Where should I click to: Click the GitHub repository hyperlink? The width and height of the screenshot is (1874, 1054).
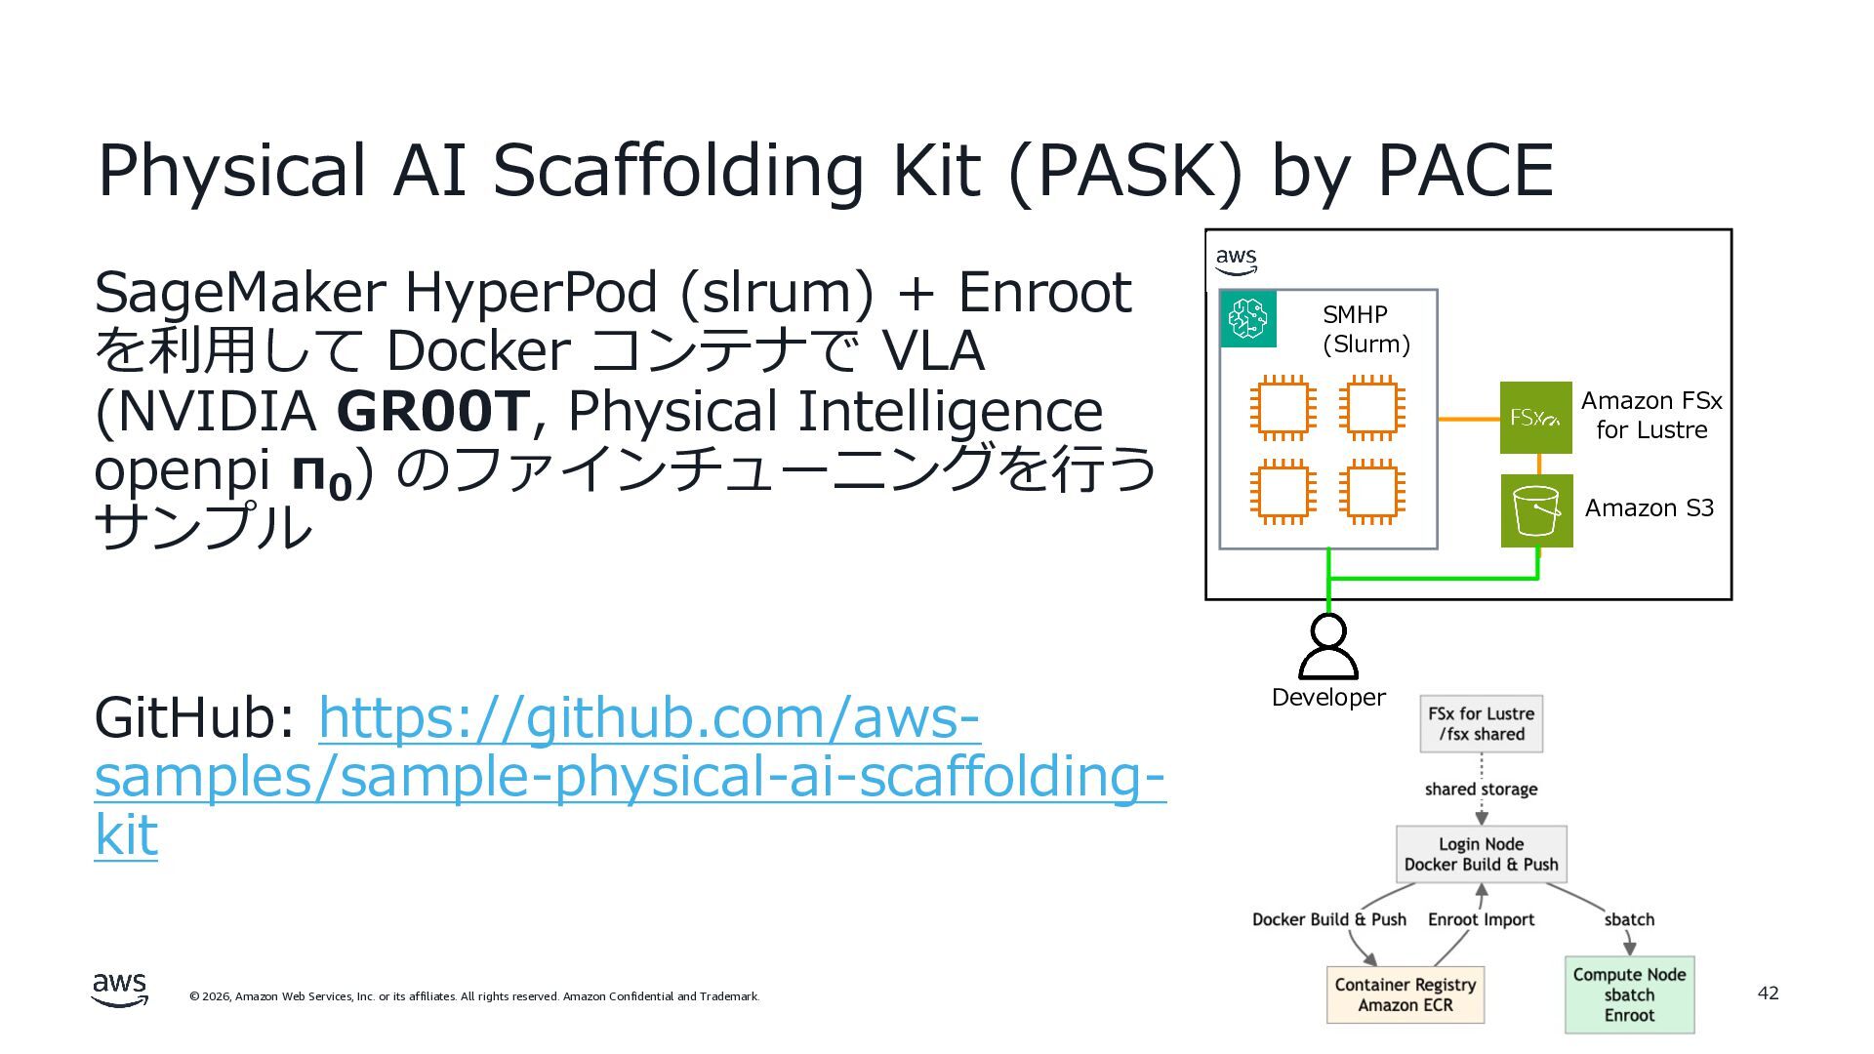pos(630,776)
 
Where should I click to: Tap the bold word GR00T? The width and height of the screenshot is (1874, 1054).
pos(432,411)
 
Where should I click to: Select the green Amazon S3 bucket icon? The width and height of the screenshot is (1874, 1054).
pos(1536,510)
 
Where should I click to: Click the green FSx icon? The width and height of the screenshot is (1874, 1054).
pos(1535,418)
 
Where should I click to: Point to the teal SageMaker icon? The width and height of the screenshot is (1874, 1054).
pos(1248,318)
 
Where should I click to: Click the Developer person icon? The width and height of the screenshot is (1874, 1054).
pos(1327,646)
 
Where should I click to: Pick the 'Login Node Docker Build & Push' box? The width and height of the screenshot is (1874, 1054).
pos(1481,854)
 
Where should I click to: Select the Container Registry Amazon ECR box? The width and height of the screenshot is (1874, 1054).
pos(1405,994)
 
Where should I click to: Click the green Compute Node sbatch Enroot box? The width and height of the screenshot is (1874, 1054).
pos(1629,994)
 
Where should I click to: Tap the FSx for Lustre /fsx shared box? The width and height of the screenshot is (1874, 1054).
pos(1481,724)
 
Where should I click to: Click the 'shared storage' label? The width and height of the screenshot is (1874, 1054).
pos(1481,789)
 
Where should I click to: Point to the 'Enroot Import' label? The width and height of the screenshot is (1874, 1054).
pos(1481,919)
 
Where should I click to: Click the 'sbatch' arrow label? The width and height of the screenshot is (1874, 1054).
pos(1629,919)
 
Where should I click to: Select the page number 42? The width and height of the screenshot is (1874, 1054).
pos(1768,993)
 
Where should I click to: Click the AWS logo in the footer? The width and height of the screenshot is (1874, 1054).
pos(120,989)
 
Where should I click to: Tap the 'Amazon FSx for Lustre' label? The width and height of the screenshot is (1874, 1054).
pos(1650,415)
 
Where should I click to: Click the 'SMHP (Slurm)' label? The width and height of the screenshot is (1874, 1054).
pos(1365,329)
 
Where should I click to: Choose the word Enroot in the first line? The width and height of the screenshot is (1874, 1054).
pos(1043,292)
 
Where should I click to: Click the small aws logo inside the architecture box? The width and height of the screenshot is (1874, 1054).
pos(1236,261)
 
